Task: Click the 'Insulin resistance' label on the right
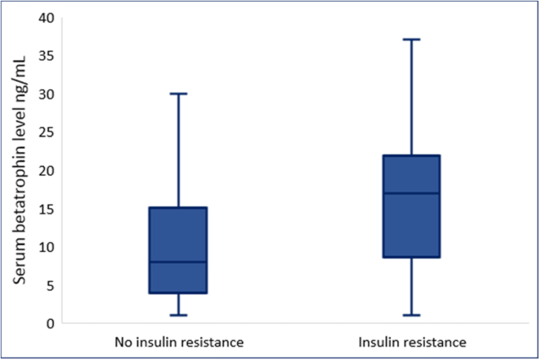click(x=412, y=343)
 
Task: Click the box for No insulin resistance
click(x=179, y=236)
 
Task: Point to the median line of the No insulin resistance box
click(x=179, y=262)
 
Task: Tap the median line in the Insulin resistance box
click(x=412, y=193)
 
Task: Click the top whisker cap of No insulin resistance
click(x=179, y=94)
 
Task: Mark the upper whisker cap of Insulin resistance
click(x=412, y=39)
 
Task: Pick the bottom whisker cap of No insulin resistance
click(x=179, y=315)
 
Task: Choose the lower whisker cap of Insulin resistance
click(x=412, y=315)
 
